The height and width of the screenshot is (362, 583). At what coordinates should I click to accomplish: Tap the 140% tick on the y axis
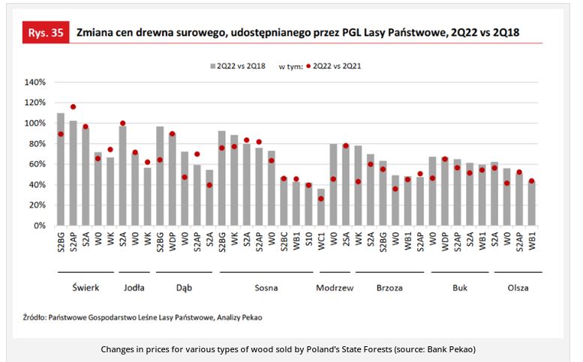pos(36,82)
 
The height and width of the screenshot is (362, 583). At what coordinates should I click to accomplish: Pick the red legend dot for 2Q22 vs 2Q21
pos(308,66)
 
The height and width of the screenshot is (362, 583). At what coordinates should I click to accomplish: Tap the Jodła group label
pos(134,287)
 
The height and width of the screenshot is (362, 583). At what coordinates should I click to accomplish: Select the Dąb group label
pos(184,287)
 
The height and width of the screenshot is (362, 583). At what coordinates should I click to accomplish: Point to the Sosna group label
pos(266,287)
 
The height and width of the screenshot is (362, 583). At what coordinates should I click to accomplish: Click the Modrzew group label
pos(335,287)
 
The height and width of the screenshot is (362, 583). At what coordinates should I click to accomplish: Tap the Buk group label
pos(461,287)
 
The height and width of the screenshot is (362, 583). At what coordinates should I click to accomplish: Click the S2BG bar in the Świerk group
pos(61,169)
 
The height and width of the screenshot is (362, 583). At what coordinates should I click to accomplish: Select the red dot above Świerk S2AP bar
pos(73,106)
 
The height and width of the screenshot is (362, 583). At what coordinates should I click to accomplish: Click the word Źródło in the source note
pos(34,317)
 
